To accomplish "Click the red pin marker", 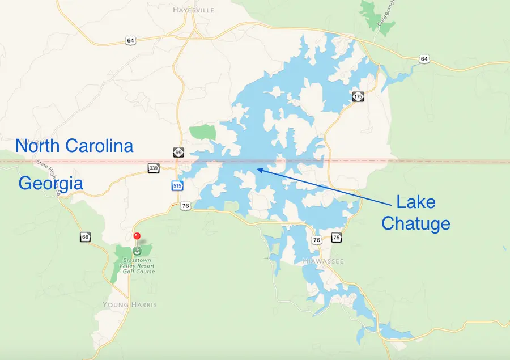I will click(x=137, y=236).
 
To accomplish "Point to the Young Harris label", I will click(x=130, y=304).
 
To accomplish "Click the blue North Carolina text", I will click(x=74, y=146).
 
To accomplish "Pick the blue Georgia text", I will click(x=51, y=183).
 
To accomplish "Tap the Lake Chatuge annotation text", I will click(x=416, y=212).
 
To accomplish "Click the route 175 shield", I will click(x=358, y=97).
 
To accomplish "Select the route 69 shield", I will click(x=178, y=153).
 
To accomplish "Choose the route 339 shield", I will click(x=153, y=168).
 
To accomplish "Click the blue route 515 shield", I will click(x=177, y=185).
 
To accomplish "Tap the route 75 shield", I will click(x=337, y=238).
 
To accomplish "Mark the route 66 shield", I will click(x=85, y=236).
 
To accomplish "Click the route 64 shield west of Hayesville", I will click(x=131, y=40).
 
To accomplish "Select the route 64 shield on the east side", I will click(x=424, y=59).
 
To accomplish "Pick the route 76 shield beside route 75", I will click(x=316, y=240).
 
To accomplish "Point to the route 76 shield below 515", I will click(x=185, y=206).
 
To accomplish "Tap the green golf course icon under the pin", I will click(x=137, y=249).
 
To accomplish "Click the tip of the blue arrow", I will click(x=257, y=168).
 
